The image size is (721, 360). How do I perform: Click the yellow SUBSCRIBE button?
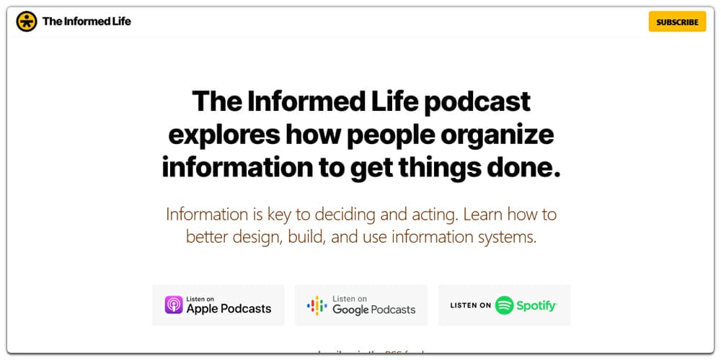(x=677, y=22)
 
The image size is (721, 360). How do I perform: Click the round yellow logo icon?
(x=27, y=22)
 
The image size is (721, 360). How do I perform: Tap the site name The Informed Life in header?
(x=87, y=22)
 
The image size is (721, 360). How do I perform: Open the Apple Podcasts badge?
(x=218, y=305)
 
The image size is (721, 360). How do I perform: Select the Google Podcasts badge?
(x=361, y=305)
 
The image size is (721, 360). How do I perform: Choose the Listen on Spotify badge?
(x=504, y=305)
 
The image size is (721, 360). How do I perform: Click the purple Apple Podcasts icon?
(x=174, y=305)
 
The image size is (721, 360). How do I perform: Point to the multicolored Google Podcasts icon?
(x=317, y=305)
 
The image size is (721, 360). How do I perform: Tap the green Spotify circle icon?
(x=505, y=305)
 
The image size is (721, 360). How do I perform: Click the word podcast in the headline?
(x=478, y=102)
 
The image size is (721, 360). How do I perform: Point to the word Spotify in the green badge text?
(x=536, y=306)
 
